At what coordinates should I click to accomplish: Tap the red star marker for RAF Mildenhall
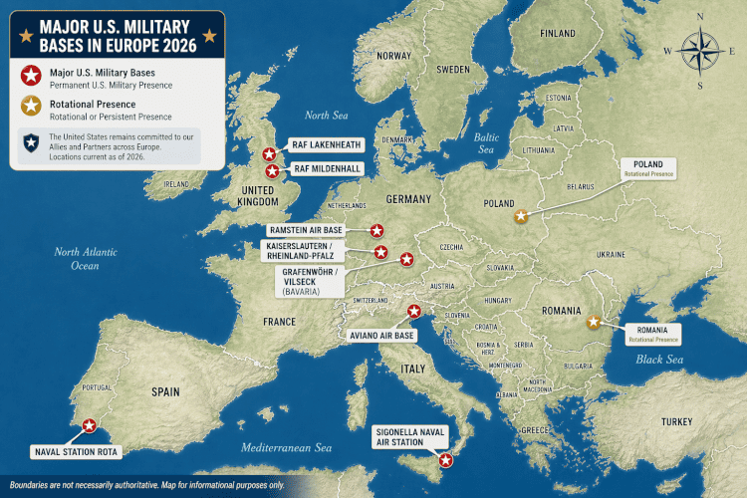click(271, 170)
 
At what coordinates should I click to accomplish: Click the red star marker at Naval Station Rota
click(90, 425)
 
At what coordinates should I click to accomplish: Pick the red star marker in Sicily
click(445, 460)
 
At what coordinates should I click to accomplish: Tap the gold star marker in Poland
click(519, 215)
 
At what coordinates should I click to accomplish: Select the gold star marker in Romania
click(594, 321)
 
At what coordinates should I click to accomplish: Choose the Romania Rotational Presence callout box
click(653, 333)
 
